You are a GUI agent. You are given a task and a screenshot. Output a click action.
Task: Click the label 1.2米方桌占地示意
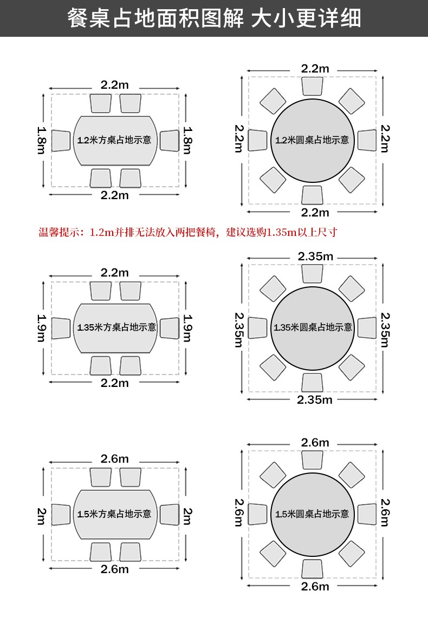point(114,140)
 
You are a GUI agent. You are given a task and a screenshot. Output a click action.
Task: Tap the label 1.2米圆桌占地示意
point(312,140)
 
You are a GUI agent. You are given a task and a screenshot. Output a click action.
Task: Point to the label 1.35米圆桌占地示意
point(313,327)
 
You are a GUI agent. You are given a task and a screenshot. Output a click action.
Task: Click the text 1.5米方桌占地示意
point(114,514)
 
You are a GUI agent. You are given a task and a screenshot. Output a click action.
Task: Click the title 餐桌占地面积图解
point(157,18)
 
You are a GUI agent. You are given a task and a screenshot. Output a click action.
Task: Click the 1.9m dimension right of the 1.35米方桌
point(187,328)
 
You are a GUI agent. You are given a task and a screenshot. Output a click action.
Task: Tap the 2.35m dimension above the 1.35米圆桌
point(315,256)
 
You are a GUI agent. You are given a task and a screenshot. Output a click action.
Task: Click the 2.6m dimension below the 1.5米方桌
point(115,569)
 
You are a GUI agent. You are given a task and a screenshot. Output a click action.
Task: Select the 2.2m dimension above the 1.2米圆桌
point(315,68)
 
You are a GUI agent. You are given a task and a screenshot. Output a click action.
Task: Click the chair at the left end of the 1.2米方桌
point(61,140)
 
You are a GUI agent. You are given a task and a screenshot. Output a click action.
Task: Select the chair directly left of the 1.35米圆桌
point(258,327)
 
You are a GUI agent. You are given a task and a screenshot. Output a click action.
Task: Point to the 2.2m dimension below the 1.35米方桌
point(115,383)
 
